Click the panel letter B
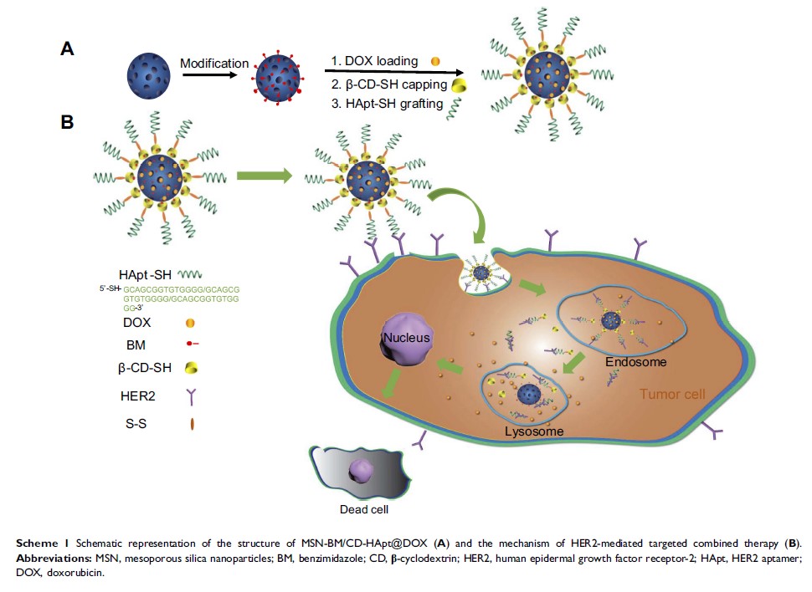coord(68,122)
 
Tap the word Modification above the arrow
coord(214,64)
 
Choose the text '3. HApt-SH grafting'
coord(388,105)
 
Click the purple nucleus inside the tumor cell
coord(409,342)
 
